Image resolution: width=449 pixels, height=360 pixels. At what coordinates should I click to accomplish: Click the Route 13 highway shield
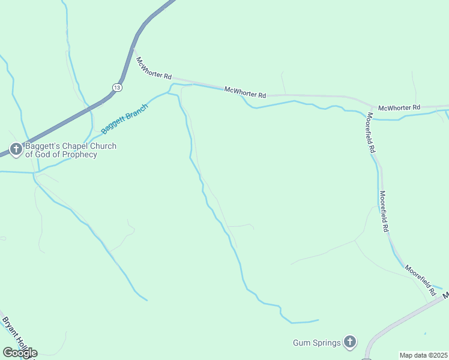(x=117, y=88)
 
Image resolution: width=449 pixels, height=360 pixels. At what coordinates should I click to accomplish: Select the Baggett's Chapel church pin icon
(x=16, y=149)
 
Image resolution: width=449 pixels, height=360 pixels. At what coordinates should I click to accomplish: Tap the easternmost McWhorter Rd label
(x=399, y=107)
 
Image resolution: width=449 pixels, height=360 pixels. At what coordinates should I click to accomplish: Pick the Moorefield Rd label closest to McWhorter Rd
(x=372, y=132)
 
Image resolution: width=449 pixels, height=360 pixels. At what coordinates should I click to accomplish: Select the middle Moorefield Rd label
(x=383, y=212)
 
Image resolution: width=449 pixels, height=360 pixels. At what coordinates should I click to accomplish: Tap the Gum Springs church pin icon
(x=351, y=343)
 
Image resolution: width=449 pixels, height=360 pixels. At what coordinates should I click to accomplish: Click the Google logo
(x=20, y=352)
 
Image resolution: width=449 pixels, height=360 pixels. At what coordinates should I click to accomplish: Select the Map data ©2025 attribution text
(x=423, y=355)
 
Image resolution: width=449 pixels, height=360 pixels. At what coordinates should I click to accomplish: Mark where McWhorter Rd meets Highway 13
(x=133, y=51)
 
